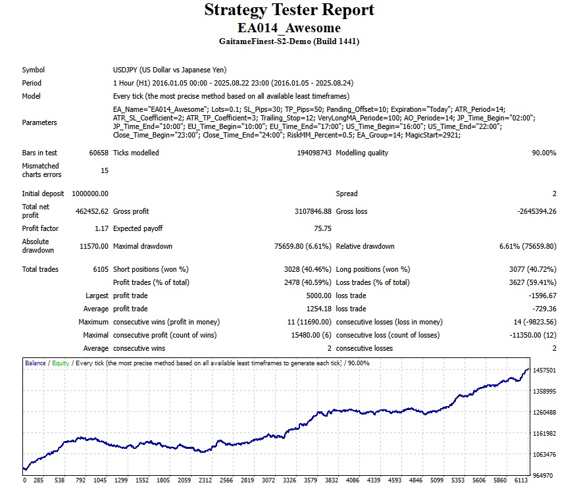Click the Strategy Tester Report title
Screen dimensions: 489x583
click(x=289, y=11)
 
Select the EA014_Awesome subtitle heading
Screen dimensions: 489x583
click(x=289, y=28)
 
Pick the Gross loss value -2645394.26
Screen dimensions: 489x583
click(x=530, y=211)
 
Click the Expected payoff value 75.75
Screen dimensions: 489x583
click(x=322, y=228)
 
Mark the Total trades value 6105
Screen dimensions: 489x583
click(x=99, y=269)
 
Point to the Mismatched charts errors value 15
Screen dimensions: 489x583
click(x=104, y=170)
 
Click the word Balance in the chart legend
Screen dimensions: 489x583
click(x=35, y=363)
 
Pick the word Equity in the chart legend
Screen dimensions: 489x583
click(x=60, y=363)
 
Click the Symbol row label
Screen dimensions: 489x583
click(x=34, y=70)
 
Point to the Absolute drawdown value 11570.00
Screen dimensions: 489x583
click(x=94, y=246)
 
